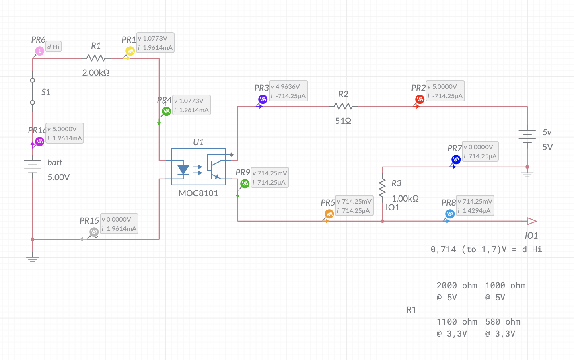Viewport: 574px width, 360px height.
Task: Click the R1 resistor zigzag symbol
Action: pyautogui.click(x=96, y=58)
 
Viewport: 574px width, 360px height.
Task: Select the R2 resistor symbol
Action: pyautogui.click(x=343, y=107)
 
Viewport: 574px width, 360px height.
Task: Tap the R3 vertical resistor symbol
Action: pyautogui.click(x=382, y=188)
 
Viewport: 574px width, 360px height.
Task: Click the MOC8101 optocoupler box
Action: pyautogui.click(x=198, y=167)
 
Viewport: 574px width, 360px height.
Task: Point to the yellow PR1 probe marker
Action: pyautogui.click(x=130, y=51)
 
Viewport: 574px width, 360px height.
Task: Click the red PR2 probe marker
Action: pyautogui.click(x=420, y=99)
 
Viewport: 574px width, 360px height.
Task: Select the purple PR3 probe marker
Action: pyautogui.click(x=263, y=99)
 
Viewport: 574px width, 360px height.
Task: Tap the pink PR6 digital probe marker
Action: pyautogui.click(x=39, y=51)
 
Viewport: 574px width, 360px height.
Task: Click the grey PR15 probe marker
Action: pyautogui.click(x=94, y=232)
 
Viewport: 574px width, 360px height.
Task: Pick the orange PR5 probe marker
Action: pyautogui.click(x=329, y=214)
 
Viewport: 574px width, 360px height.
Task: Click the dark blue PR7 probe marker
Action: pyautogui.click(x=456, y=160)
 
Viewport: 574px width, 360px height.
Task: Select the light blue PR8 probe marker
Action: pyautogui.click(x=450, y=214)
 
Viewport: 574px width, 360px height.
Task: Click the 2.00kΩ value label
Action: pyautogui.click(x=96, y=73)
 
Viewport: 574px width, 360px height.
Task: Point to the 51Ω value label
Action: pyautogui.click(x=343, y=121)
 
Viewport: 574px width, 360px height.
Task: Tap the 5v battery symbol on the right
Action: pyautogui.click(x=527, y=136)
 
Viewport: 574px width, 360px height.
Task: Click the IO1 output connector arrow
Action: pyautogui.click(x=531, y=221)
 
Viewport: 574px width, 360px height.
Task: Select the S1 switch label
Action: pyautogui.click(x=46, y=92)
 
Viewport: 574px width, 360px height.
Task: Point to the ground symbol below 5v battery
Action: pyautogui.click(x=527, y=174)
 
